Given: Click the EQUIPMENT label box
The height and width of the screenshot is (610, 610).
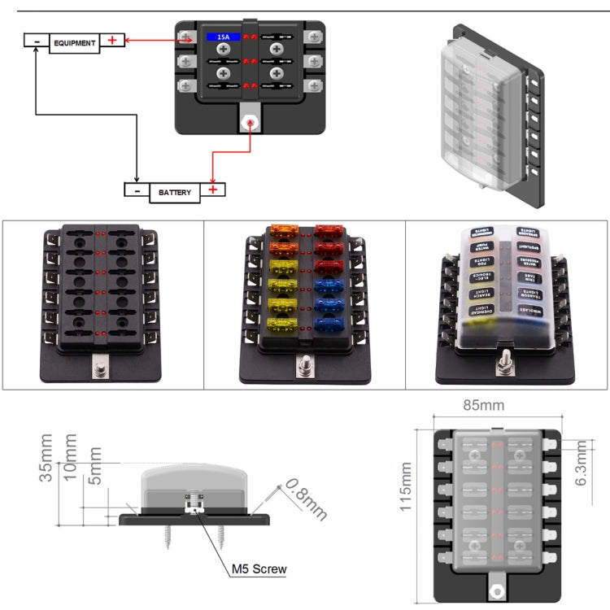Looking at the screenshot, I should pyautogui.click(x=76, y=41).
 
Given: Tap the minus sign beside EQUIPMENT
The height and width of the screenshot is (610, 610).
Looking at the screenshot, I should pyautogui.click(x=37, y=41).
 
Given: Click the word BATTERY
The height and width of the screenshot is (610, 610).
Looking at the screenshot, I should pyautogui.click(x=175, y=192).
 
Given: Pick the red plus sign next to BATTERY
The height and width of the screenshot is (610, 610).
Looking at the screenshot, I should pyautogui.click(x=213, y=190).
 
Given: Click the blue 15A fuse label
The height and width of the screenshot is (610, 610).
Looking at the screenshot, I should pyautogui.click(x=223, y=37).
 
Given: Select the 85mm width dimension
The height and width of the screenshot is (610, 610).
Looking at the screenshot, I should pyautogui.click(x=494, y=405).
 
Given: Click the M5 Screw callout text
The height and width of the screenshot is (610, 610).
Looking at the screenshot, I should pyautogui.click(x=259, y=569).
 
